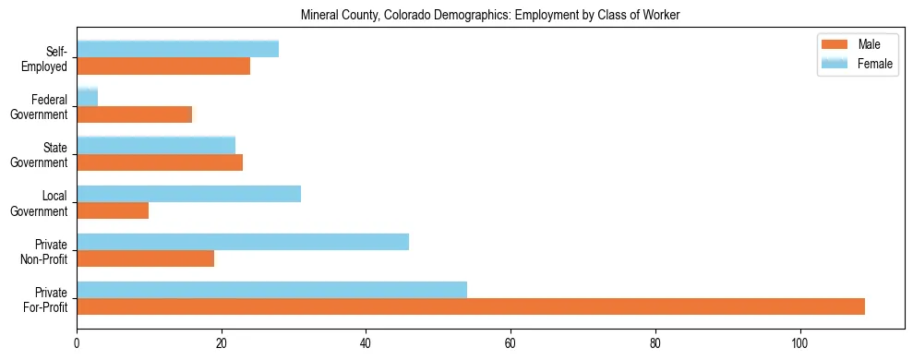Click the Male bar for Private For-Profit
tap(471, 306)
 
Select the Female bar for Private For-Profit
tap(271, 290)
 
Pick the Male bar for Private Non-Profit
tap(145, 258)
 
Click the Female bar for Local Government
tap(188, 194)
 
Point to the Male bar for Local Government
tap(113, 210)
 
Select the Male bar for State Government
tap(160, 162)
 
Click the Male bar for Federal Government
tap(135, 114)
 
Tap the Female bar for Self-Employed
tap(177, 49)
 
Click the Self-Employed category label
tap(45, 58)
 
